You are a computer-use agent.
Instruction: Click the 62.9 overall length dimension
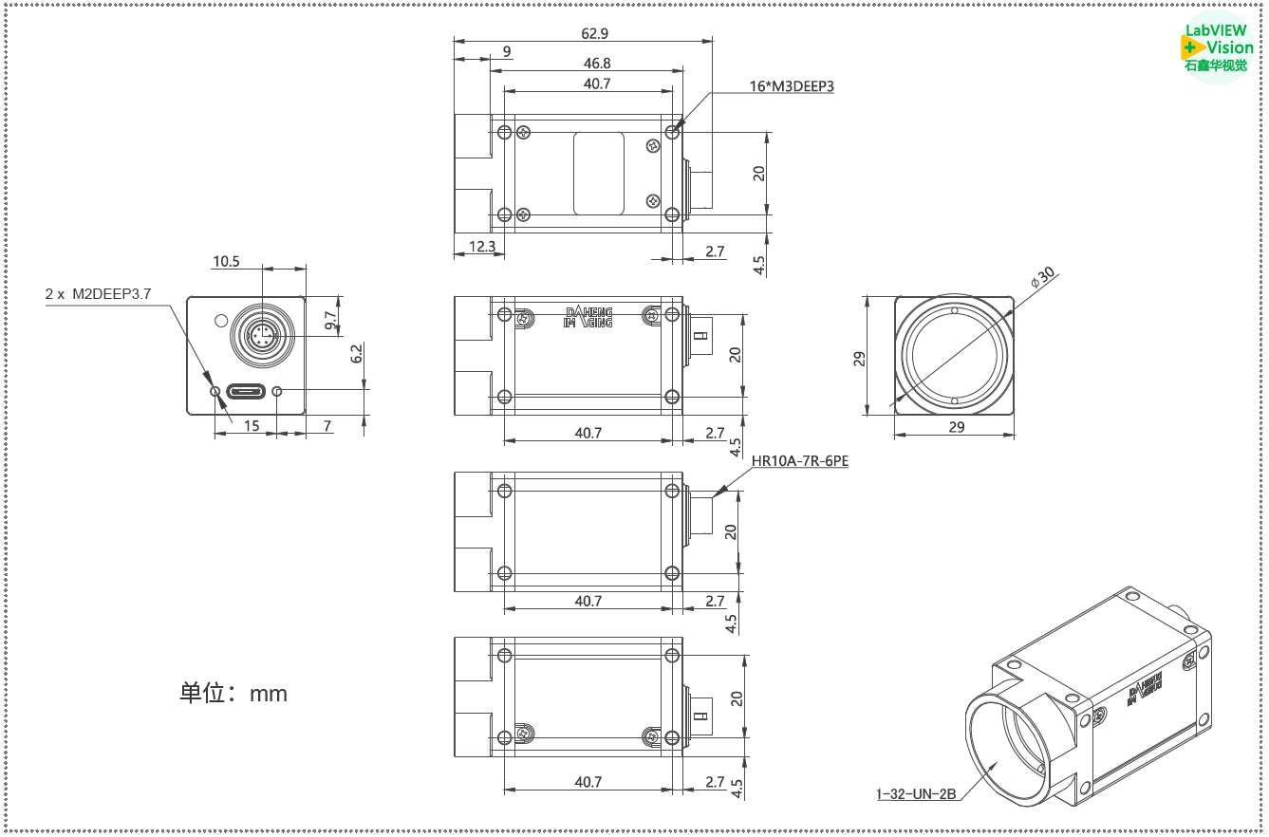tap(594, 33)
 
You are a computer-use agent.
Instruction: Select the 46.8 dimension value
tap(597, 63)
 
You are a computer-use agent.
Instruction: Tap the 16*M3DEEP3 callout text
tap(792, 86)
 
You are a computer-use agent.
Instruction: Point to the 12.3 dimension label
tap(482, 247)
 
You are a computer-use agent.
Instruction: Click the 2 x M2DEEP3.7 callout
tap(98, 294)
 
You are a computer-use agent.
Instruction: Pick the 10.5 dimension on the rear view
tap(226, 261)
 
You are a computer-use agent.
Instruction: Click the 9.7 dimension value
tap(330, 321)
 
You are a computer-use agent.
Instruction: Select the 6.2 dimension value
tap(356, 354)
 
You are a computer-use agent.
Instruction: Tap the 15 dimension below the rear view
tap(252, 426)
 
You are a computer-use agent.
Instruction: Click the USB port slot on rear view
tap(246, 391)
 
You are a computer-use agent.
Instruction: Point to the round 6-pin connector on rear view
tap(262, 336)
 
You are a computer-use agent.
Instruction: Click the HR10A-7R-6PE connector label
tap(800, 462)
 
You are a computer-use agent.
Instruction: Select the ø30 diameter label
tap(1042, 277)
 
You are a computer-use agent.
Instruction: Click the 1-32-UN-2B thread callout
tap(916, 794)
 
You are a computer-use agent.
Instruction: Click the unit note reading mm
tap(233, 694)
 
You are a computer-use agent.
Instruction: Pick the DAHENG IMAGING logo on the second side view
tap(588, 317)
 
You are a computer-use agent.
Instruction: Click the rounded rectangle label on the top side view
tap(599, 174)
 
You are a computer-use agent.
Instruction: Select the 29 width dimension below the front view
tap(956, 427)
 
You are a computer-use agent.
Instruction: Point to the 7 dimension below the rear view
tap(327, 426)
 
